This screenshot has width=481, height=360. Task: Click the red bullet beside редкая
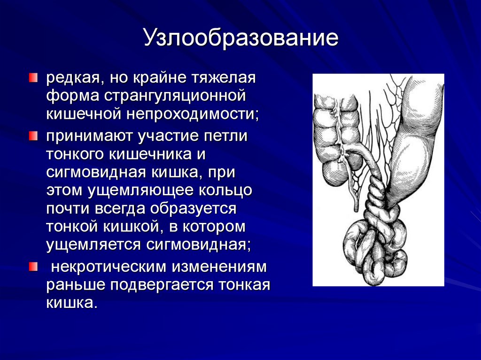click(x=32, y=77)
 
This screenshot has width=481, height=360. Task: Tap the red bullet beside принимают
click(x=32, y=136)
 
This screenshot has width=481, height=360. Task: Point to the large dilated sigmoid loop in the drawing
click(x=413, y=146)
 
